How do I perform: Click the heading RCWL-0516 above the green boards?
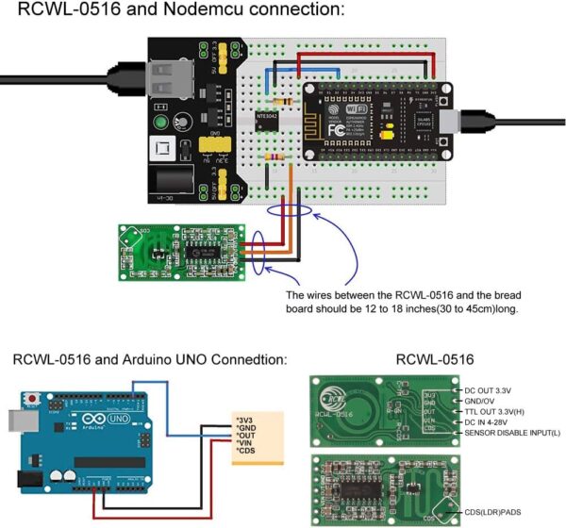point(433,359)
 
